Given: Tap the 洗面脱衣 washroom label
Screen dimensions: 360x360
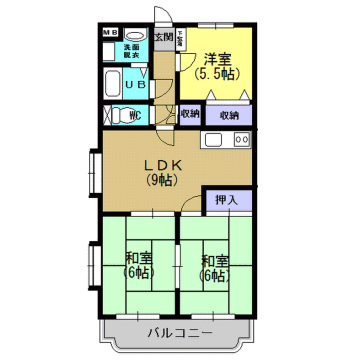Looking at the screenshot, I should point(131,49).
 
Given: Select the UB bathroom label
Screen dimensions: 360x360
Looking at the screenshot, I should point(136,86).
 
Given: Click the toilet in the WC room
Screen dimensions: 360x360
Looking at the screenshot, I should point(114,115).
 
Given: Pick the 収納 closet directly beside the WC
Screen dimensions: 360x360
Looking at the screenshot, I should point(189,115).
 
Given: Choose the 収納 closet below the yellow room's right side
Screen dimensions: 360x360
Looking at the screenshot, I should point(229,115).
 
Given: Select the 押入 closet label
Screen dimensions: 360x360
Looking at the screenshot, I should point(227,200).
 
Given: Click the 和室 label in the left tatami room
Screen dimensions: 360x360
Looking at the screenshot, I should point(139,259).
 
